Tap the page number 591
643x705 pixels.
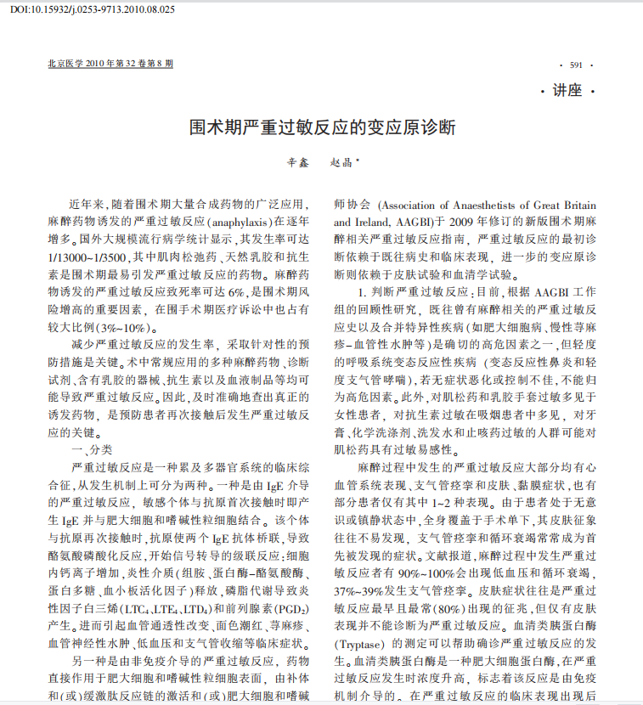[576, 65]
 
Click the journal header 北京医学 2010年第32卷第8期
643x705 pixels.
[110, 64]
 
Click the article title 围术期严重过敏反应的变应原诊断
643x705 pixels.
[321, 129]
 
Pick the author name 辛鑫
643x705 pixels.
[295, 162]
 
